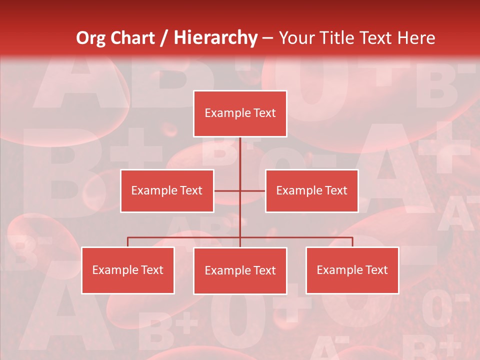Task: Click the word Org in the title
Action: click(90, 38)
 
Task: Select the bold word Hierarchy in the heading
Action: click(215, 38)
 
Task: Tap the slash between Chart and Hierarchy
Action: click(164, 38)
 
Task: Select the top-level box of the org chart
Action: click(240, 113)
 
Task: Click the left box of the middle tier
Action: click(167, 190)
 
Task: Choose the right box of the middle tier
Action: click(311, 190)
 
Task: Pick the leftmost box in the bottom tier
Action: click(128, 270)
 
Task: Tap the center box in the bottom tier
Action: click(240, 270)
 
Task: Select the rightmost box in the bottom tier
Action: click(352, 270)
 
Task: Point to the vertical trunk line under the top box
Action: click(240, 160)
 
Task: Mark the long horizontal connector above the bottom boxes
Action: click(185, 237)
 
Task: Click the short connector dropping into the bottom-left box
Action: click(128, 242)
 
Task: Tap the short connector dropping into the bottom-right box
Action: click(352, 242)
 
